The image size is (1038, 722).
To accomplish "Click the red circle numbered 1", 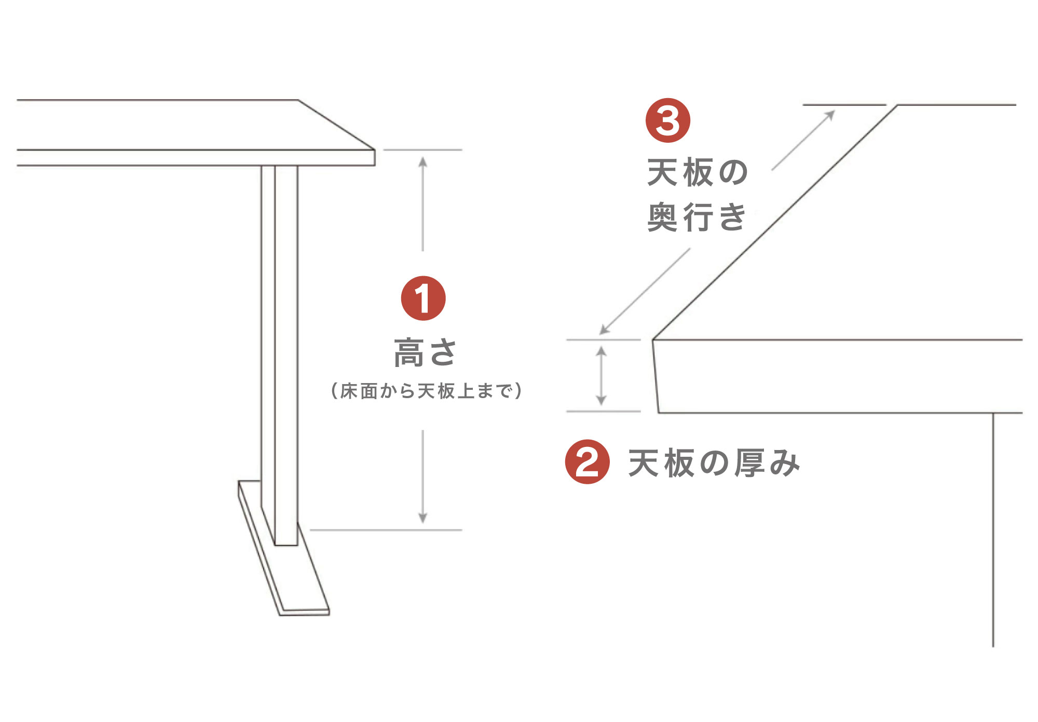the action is click(424, 298).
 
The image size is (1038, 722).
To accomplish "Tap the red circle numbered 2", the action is click(588, 462).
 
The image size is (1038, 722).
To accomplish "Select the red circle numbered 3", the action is click(668, 120).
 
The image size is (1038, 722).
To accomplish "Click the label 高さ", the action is click(425, 353).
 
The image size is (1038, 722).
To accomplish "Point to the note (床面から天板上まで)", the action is click(426, 391).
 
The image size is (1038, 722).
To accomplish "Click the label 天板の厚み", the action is click(714, 463).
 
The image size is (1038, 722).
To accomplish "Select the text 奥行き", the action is click(697, 217).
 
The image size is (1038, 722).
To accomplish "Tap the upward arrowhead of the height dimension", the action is click(423, 161).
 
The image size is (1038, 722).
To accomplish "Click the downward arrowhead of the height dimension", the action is click(423, 518).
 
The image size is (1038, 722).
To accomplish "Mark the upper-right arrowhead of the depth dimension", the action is click(830, 115).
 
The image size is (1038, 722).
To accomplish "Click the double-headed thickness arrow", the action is click(602, 376).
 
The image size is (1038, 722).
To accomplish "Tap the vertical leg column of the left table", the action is click(280, 355).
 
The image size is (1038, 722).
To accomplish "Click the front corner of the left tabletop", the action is click(375, 150).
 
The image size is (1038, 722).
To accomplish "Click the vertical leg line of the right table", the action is click(993, 530).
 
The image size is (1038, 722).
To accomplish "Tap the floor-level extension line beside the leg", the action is click(386, 530).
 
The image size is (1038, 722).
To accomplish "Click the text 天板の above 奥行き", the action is click(697, 172).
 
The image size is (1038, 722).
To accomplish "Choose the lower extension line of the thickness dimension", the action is click(604, 412).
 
